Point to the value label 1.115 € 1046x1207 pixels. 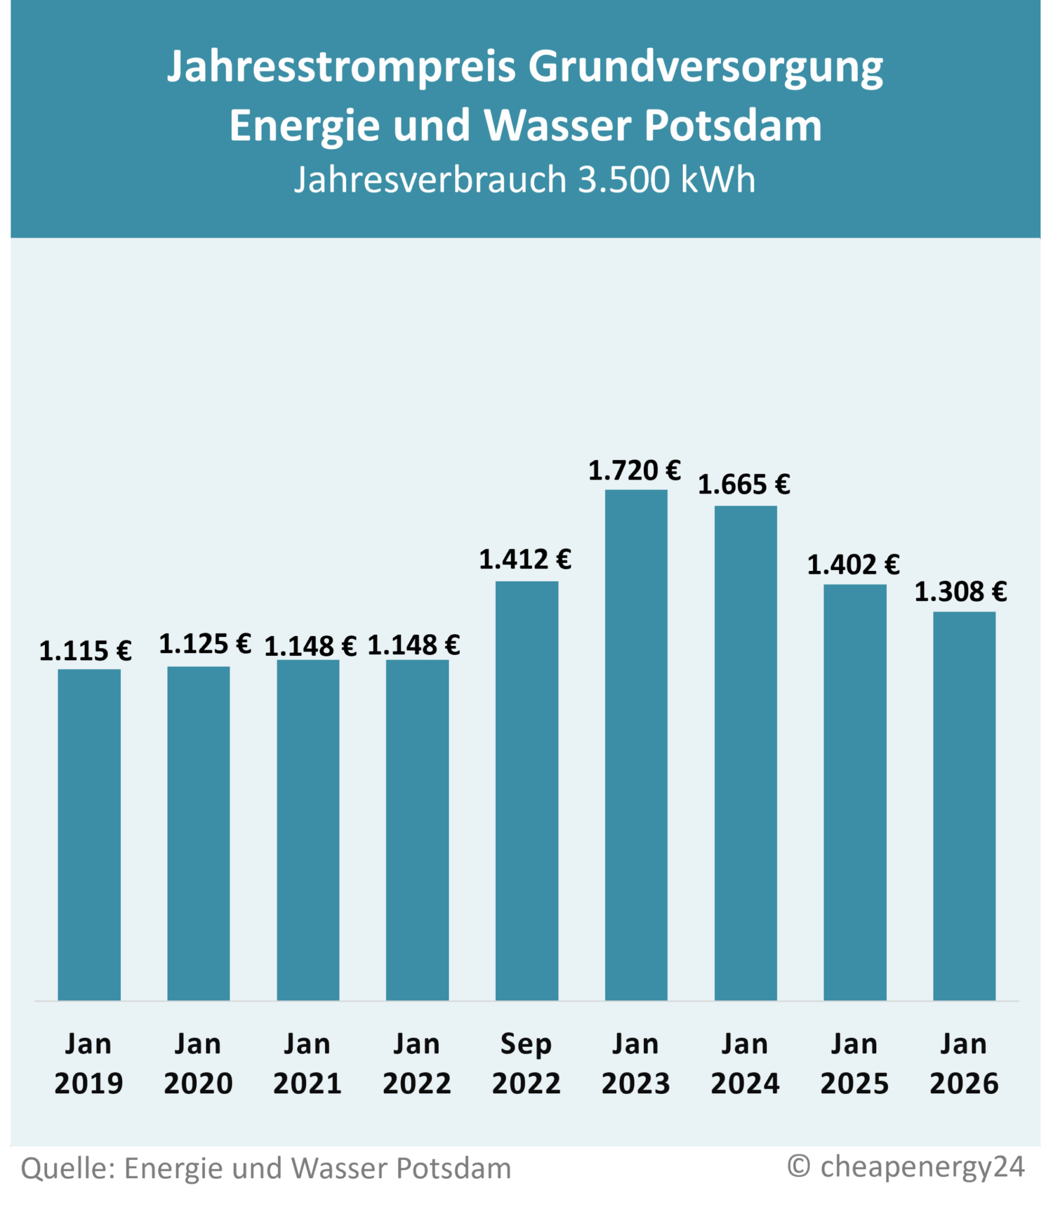[85, 651]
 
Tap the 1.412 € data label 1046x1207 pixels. [525, 560]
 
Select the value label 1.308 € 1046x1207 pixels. [961, 592]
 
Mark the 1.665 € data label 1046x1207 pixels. [744, 485]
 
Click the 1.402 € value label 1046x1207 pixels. [853, 565]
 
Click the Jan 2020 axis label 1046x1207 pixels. [198, 1064]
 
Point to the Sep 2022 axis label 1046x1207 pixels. [526, 1064]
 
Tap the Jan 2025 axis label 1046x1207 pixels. [854, 1064]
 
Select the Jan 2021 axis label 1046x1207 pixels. [307, 1064]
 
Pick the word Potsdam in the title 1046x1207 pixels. [733, 126]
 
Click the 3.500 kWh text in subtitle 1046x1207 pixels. [666, 179]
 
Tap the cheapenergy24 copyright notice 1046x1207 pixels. [906, 1166]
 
